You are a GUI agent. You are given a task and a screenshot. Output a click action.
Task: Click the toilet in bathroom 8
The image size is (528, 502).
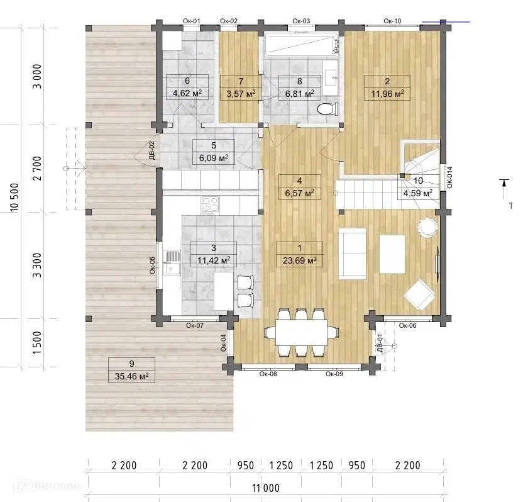coord(327,109)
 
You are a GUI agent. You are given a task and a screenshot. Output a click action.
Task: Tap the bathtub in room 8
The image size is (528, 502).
coord(301,44)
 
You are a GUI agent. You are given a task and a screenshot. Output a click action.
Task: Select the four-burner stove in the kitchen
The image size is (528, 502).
coord(210,206)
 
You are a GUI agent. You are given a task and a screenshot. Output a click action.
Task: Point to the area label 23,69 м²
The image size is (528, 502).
coord(299,260)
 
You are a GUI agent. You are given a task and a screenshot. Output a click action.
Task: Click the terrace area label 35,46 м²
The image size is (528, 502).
coord(131,376)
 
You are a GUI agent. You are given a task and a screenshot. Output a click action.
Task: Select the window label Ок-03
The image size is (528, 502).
coord(301,21)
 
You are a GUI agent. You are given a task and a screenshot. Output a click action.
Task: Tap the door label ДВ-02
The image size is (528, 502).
coord(152,150)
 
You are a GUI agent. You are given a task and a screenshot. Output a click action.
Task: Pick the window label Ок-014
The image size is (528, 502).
coord(450,177)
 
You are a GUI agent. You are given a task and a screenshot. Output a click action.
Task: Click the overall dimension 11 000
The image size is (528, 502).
coord(266,488)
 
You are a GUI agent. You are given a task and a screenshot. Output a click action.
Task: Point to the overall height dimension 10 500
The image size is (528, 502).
coord(15,198)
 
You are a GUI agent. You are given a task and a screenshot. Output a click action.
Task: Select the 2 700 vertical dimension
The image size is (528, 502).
coord(37,169)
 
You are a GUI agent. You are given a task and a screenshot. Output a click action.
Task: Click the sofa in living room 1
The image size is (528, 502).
coord(352,254)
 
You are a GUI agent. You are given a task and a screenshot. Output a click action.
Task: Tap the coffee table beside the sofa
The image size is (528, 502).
coord(392,254)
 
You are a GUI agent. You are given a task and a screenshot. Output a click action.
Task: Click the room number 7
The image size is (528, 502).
coord(240,81)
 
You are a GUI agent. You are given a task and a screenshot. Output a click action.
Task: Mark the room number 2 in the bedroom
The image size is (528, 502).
coord(387,81)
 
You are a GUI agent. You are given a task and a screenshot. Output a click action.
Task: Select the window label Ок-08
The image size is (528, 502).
coord(268,374)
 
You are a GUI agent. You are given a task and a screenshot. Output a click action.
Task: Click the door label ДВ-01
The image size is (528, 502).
coord(380,343)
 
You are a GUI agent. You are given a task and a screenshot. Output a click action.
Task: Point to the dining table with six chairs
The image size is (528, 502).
coord(301,333)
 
